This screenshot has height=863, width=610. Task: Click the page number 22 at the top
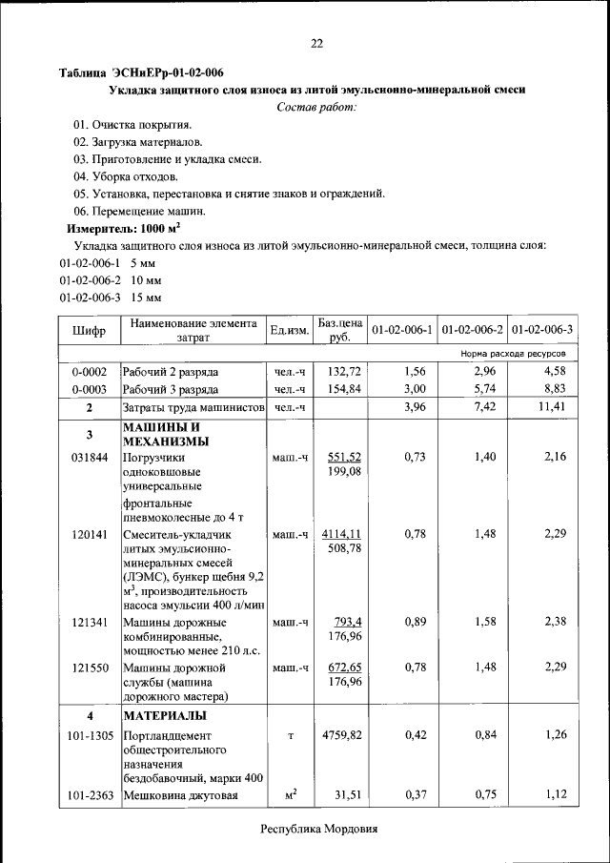point(316,43)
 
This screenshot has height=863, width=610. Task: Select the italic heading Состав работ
point(316,107)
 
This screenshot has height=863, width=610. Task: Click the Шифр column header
point(89,330)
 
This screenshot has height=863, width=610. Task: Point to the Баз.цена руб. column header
point(340,330)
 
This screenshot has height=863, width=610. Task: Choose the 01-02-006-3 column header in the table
point(541,330)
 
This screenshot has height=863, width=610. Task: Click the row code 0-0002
point(89,371)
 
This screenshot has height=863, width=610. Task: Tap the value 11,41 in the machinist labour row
point(551,408)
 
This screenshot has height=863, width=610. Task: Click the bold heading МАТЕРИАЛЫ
point(163,715)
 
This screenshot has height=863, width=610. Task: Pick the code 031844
point(89,458)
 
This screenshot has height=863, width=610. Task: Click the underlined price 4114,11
point(341,534)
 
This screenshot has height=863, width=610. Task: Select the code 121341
point(89,623)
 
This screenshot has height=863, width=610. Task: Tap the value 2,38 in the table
point(555,623)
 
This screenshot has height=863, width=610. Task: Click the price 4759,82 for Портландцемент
point(341,735)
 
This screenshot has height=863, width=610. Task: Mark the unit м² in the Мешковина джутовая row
point(290,795)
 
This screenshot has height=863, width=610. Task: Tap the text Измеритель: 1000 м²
point(123,229)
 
